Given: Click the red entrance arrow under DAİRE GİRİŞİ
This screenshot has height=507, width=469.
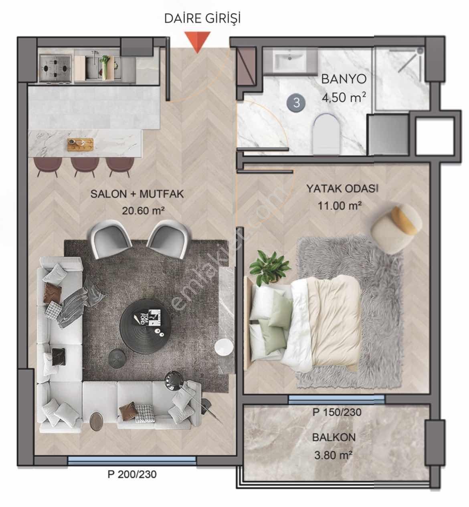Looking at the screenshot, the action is click(198, 42).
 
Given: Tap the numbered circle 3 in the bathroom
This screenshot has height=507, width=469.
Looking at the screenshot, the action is click(297, 103).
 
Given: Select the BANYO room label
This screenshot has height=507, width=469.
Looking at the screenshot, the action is click(344, 79).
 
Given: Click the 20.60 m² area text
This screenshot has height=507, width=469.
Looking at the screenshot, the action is click(143, 211).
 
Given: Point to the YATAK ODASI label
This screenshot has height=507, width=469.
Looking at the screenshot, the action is click(342, 189).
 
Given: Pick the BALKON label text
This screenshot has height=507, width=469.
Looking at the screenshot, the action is click(334, 437).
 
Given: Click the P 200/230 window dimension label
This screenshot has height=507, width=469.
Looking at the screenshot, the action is click(132, 474).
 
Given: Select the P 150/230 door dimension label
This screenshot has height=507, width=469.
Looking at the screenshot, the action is click(337, 412).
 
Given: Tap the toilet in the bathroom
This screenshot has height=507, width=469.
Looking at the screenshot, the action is click(326, 133).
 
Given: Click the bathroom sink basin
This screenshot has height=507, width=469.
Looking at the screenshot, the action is click(289, 60).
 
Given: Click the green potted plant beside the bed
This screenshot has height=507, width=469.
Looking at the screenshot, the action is click(270, 268).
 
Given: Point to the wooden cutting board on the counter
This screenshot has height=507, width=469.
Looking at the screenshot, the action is click(80, 144).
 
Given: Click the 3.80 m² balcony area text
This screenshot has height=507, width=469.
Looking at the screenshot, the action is click(333, 455).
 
